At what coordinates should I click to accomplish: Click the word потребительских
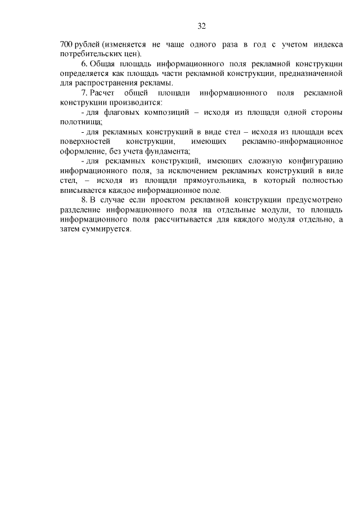point(87,53)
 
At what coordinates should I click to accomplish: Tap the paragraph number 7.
point(85,93)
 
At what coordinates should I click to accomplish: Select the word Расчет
point(103,93)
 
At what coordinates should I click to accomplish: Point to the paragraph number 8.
point(85,200)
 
